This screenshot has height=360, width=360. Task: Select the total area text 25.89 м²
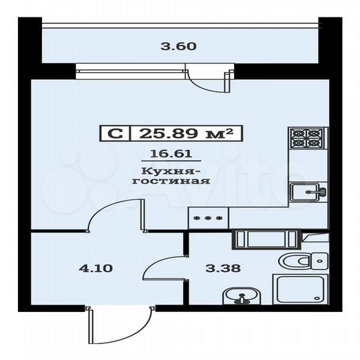click(x=186, y=133)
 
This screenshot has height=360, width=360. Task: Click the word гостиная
click(x=171, y=181)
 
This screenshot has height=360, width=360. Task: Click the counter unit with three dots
click(x=207, y=217)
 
